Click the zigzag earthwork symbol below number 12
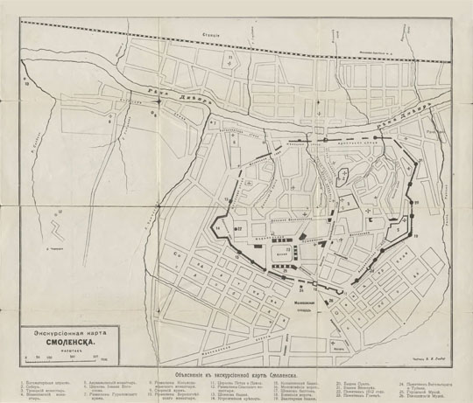(58, 233)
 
